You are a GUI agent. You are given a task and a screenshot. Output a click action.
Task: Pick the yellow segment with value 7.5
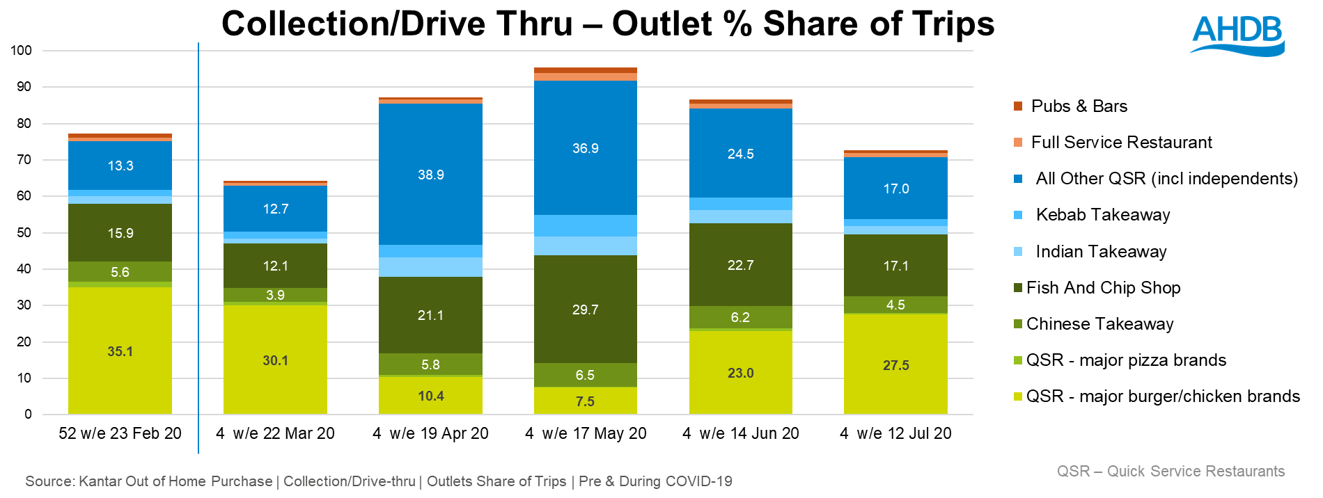[585, 401]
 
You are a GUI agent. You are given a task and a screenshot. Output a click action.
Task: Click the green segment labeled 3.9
[275, 295]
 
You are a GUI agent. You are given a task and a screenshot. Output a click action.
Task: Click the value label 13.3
[120, 166]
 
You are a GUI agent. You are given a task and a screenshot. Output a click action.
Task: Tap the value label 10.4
[430, 396]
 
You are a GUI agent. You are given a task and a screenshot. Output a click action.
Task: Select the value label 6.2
[740, 317]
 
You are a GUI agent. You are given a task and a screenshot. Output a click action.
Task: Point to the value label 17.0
[895, 188]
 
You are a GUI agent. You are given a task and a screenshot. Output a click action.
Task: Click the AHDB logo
[1237, 35]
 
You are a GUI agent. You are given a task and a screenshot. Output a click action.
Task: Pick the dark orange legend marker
[1018, 106]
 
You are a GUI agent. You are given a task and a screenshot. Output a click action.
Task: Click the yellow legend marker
[1018, 396]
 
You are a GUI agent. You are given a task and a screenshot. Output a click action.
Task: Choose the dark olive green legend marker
[1018, 287]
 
